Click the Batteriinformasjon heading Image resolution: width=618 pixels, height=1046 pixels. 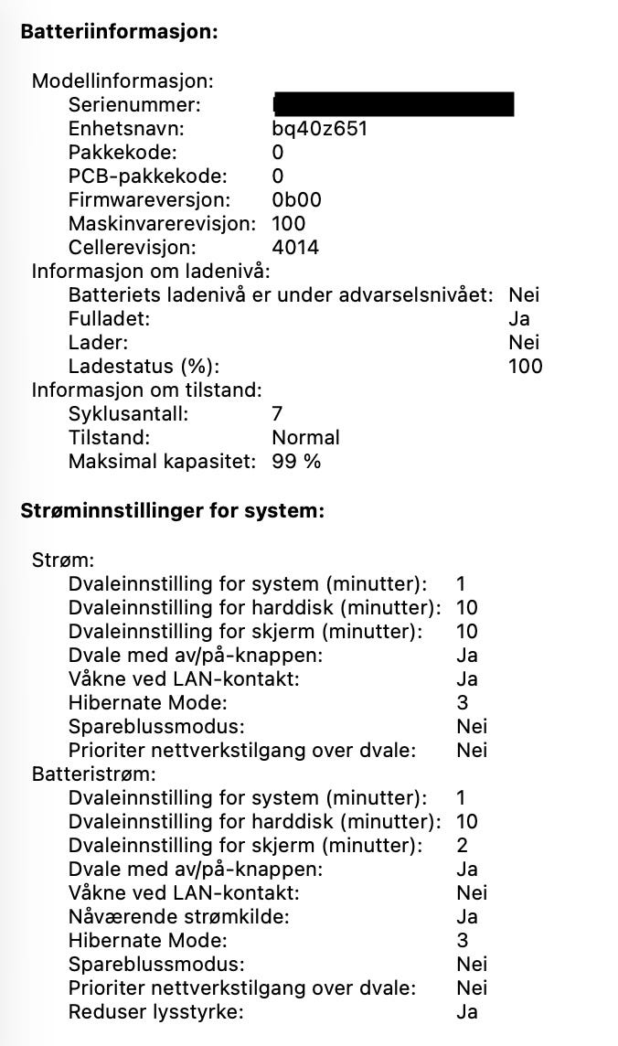119,32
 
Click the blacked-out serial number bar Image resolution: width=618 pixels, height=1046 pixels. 393,104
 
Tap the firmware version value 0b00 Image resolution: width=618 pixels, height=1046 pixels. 296,199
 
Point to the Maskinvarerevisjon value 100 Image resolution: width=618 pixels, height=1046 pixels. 289,223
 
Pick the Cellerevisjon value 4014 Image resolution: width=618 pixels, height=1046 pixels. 295,247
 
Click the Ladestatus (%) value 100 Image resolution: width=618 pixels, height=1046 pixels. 525,366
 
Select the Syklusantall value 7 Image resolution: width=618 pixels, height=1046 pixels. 278,413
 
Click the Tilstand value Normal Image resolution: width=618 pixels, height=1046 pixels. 305,437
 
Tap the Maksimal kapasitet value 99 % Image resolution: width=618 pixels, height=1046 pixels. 296,461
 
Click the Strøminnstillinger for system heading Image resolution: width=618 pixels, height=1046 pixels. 172,511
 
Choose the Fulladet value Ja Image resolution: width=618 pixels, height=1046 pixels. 519,318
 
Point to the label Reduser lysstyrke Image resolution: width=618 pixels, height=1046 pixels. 155,1011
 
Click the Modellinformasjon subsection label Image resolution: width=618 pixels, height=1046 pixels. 122,80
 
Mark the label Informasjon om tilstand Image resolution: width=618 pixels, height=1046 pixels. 146,390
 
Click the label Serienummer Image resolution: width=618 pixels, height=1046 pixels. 133,104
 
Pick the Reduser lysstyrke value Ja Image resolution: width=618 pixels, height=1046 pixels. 466,1011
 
